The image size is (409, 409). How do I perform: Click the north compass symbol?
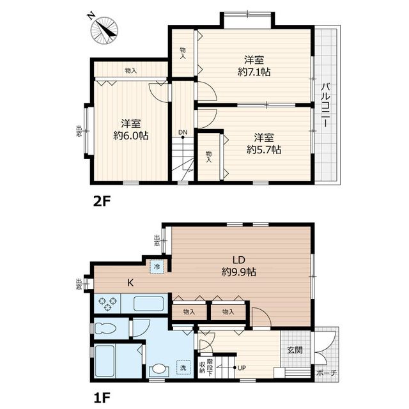tap(104, 30)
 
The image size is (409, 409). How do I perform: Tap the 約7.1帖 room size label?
tap(254, 72)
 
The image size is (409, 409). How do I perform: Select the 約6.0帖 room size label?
tap(130, 135)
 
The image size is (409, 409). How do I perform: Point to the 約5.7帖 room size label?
tap(264, 150)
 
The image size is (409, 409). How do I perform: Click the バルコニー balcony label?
tap(326, 105)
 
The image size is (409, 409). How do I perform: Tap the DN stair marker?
tap(183, 132)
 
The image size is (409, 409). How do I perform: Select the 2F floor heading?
tap(102, 201)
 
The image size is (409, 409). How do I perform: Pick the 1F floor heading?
tap(102, 397)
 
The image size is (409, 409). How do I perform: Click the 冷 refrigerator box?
tap(157, 266)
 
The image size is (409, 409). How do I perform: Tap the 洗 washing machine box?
tap(183, 367)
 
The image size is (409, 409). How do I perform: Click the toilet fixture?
tap(105, 328)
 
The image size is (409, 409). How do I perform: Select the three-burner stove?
tap(107, 304)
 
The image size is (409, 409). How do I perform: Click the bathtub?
tap(105, 361)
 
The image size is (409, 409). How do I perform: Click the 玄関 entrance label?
tap(295, 350)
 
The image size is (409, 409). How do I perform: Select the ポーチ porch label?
tap(327, 373)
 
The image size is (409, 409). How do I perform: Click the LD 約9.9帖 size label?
tap(238, 266)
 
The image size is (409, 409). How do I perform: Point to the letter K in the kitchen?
tap(130, 282)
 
